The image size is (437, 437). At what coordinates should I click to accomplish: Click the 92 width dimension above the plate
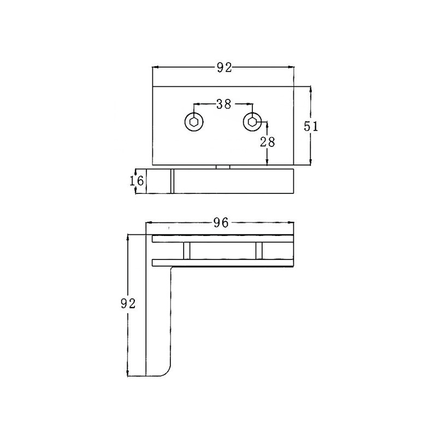pyautogui.click(x=224, y=68)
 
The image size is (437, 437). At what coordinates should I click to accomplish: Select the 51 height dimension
pyautogui.click(x=310, y=126)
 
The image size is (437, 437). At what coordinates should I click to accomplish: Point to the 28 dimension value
pyautogui.click(x=267, y=141)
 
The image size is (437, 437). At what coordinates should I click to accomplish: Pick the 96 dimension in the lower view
pyautogui.click(x=221, y=222)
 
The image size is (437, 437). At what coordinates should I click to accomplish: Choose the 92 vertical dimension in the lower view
pyautogui.click(x=127, y=304)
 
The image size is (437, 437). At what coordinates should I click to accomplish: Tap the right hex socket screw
pyautogui.click(x=252, y=122)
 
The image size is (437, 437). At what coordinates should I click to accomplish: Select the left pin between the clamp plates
pyautogui.click(x=187, y=251)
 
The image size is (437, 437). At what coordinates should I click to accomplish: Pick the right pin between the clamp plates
pyautogui.click(x=258, y=251)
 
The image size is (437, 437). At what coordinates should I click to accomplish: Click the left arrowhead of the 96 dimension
pyautogui.click(x=149, y=223)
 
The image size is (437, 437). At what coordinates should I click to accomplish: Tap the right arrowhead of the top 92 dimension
pyautogui.click(x=291, y=68)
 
